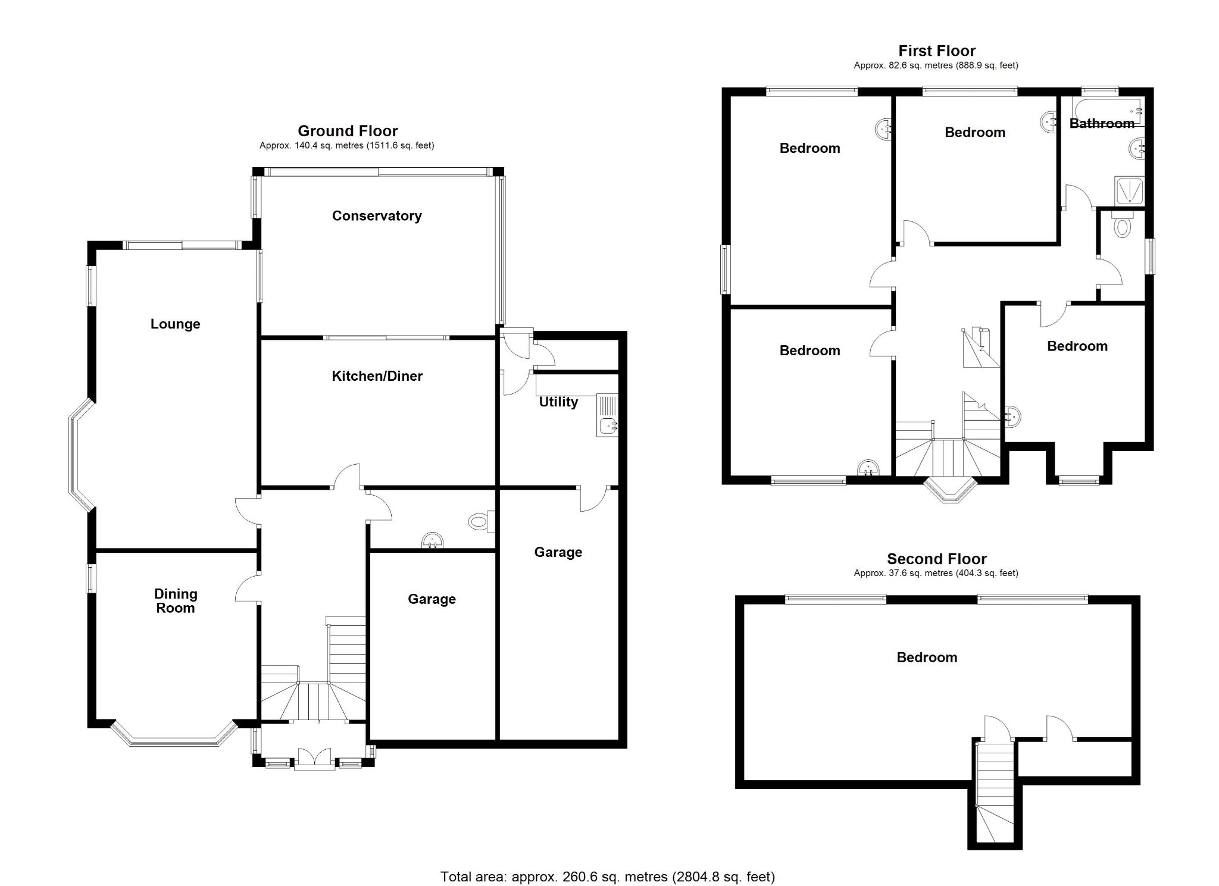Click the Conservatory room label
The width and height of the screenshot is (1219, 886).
pos(376,215)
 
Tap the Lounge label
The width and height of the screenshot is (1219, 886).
pos(175,324)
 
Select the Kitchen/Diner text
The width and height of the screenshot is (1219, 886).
pos(377,375)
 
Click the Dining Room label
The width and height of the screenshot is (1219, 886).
pos(175,600)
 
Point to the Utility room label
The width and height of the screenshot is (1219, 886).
pos(558,402)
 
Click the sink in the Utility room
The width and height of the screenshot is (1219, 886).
pos(608,424)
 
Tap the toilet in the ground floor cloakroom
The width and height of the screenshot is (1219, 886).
pos(479,522)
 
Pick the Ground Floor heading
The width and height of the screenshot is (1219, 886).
pos(348,130)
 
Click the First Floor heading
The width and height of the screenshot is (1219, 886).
pos(936,51)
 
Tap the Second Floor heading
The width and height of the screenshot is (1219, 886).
pos(936,559)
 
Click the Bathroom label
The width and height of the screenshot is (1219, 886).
pos(1101,123)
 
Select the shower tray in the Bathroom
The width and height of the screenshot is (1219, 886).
pos(1128,191)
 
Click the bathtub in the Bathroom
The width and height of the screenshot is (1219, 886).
pos(1107,111)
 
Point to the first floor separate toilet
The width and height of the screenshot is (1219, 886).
pos(1121,226)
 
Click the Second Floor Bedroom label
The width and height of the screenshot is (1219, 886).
pos(927,657)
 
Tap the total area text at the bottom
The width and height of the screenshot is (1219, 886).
pos(607,876)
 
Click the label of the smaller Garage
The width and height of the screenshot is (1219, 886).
pos(432,599)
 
